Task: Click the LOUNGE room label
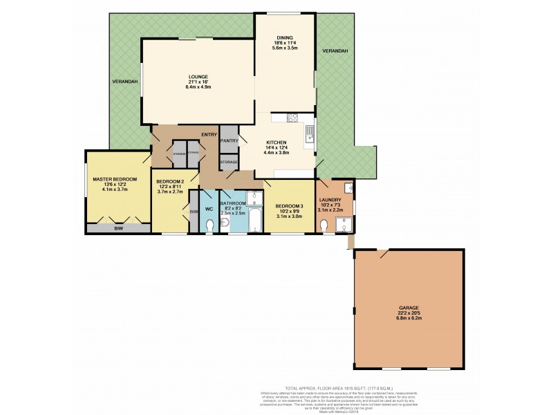coord(198,77)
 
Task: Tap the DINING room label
coord(284,38)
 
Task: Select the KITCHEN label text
coord(276,142)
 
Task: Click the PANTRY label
coord(229,140)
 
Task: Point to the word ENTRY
coord(209,134)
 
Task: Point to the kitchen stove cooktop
coord(292,117)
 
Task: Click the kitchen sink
coord(310,136)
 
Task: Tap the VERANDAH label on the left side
coord(125,82)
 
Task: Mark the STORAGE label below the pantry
coord(229,162)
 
